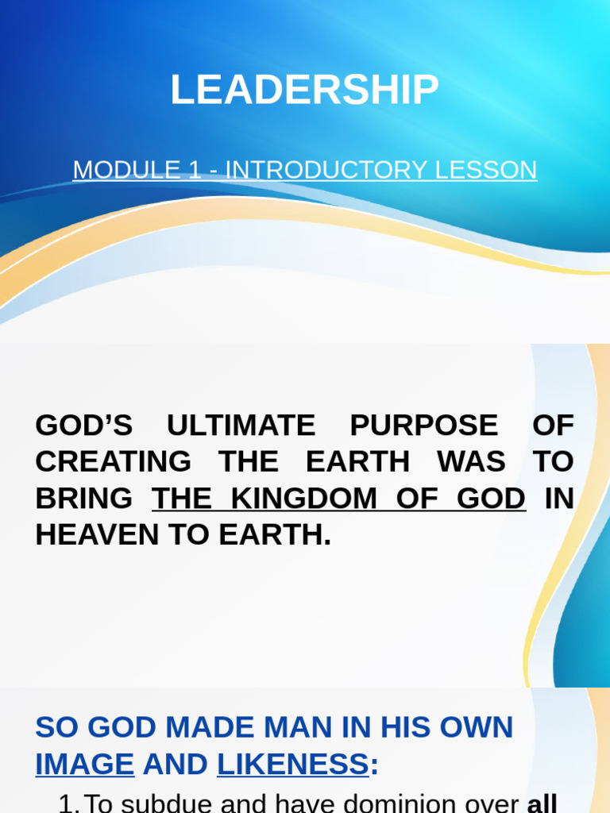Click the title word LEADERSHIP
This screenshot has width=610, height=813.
[x=304, y=90]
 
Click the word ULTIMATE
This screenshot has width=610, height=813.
[x=241, y=426]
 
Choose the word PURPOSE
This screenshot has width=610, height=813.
[x=423, y=426]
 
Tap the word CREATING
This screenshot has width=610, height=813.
[x=114, y=462]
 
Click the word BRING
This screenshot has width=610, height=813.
[x=83, y=499]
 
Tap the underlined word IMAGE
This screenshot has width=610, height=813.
[x=85, y=764]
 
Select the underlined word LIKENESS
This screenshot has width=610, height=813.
[x=293, y=764]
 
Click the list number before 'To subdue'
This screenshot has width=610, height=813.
[x=68, y=803]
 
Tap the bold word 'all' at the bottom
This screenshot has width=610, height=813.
[x=542, y=803]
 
